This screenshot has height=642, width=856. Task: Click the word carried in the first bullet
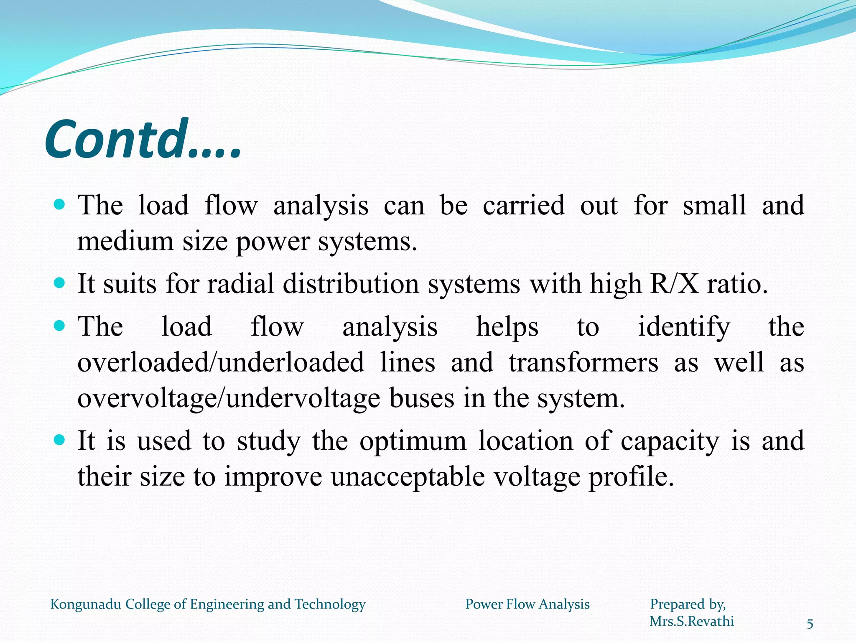[523, 206]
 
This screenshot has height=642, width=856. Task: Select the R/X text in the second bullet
[674, 284]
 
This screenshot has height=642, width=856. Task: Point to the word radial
[241, 284]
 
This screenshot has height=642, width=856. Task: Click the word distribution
[351, 284]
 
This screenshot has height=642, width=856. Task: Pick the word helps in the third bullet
[507, 326]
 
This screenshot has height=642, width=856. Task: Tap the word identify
[684, 327]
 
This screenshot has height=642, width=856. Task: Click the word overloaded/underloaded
[221, 362]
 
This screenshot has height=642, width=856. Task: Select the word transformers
[583, 362]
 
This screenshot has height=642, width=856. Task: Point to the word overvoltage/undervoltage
[229, 398]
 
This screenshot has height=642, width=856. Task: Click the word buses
[421, 398]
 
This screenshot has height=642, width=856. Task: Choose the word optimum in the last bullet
[413, 441]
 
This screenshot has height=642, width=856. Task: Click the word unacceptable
[408, 476]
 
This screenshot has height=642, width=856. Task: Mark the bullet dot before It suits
[60, 283]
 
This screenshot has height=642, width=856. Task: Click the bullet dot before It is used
[60, 440]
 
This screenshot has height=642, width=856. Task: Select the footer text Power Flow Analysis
[527, 604]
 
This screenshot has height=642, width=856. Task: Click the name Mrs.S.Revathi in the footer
[692, 622]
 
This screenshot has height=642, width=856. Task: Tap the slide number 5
[810, 624]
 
